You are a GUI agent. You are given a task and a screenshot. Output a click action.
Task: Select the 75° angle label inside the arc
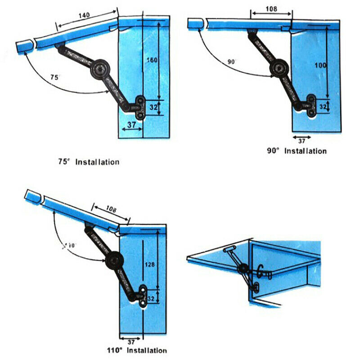(x=54, y=77)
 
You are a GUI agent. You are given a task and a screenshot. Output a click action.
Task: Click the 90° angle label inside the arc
(x=232, y=62)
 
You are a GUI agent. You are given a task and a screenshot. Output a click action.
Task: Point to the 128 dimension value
(x=150, y=265)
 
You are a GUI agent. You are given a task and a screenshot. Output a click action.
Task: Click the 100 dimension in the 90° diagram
(x=320, y=65)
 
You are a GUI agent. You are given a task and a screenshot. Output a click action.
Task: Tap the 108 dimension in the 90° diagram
(x=271, y=8)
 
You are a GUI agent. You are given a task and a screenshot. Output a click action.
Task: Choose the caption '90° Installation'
(x=297, y=151)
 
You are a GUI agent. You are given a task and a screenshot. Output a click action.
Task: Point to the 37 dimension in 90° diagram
(x=301, y=141)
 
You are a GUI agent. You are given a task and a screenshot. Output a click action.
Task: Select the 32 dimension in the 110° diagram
(x=150, y=297)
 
